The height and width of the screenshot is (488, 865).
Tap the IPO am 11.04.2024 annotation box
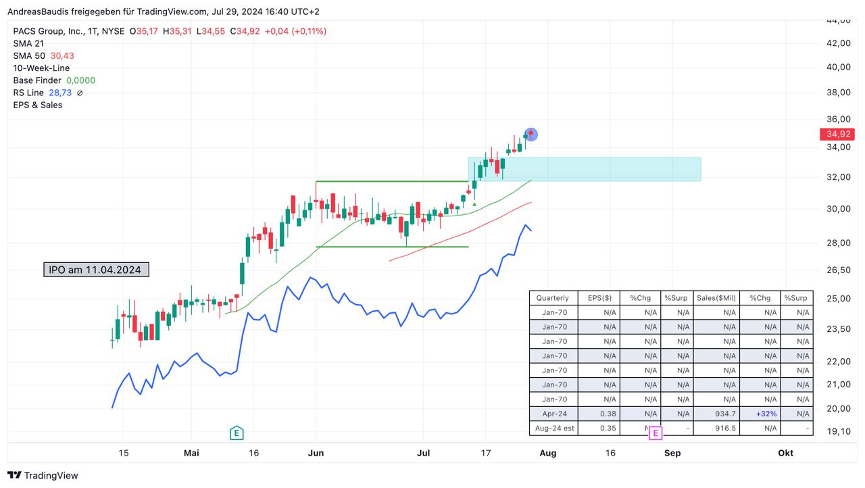(95, 270)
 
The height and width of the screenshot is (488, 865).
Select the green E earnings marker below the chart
(236, 433)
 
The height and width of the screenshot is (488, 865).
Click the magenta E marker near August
(655, 433)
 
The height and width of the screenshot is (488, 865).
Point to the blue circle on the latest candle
(531, 135)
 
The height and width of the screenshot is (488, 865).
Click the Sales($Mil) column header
(716, 298)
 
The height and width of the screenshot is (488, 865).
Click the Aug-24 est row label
(553, 429)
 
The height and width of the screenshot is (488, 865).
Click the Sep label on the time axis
(672, 453)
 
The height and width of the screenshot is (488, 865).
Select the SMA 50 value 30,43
(62, 56)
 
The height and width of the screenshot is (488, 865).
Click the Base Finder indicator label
(37, 80)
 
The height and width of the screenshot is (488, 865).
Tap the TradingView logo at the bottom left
(43, 475)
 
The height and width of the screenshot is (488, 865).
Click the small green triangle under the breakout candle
(474, 203)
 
